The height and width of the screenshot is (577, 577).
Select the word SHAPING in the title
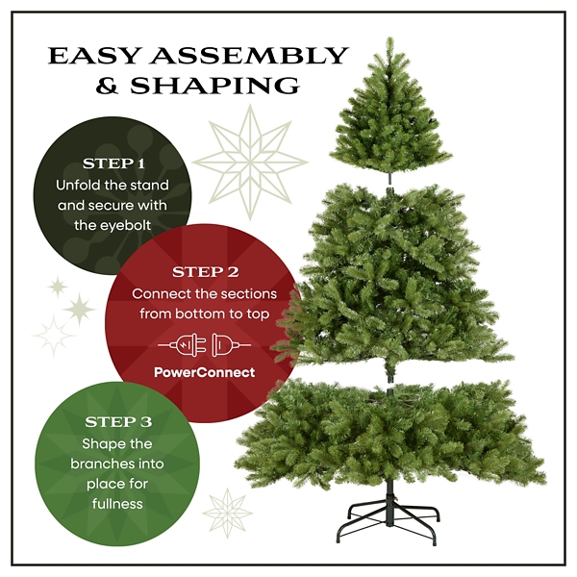point(232,87)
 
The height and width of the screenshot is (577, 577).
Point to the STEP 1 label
point(115,163)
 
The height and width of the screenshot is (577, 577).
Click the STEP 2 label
point(205,272)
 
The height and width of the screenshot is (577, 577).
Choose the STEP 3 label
point(117,422)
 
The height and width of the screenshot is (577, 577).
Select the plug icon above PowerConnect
point(205,343)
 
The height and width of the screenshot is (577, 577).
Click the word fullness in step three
point(117,503)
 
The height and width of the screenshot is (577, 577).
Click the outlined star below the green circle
point(228,512)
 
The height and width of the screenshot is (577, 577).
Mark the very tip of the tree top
point(390,39)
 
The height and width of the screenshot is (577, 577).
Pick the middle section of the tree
point(389,274)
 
